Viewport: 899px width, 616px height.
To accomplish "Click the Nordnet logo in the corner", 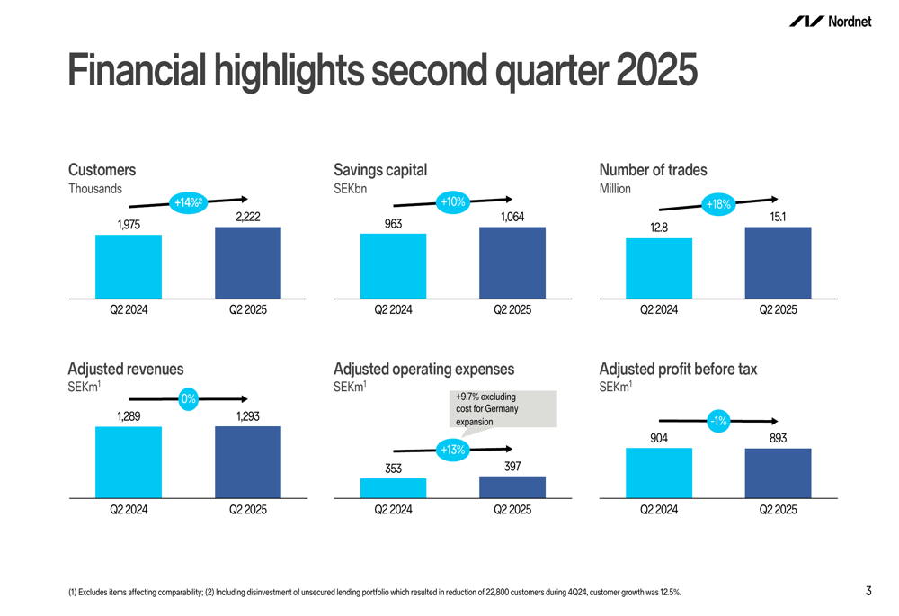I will point(830,22).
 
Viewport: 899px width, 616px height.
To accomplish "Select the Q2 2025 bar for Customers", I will point(248,263).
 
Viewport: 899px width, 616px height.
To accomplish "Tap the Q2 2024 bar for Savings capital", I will point(393,265).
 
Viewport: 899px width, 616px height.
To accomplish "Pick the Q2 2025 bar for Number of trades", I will point(778,263).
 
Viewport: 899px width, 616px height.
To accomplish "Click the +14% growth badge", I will point(187,203).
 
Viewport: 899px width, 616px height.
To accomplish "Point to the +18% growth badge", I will point(719,205).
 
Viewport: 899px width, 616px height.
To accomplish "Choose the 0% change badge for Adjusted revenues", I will point(188,398).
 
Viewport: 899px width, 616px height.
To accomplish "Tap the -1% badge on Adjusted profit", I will point(717,420).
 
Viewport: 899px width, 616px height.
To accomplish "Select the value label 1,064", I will point(512,218).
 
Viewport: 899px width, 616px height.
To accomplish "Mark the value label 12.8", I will point(659,228).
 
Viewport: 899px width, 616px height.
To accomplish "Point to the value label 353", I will point(393,468).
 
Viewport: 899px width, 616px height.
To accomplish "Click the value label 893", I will point(778,438).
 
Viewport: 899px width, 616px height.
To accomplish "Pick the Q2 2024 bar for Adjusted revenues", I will point(129,461).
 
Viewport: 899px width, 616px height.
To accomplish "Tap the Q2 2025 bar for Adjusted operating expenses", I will point(512,487).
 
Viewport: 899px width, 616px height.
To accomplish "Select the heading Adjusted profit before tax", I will point(678,369).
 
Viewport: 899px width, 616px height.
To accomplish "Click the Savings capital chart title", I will point(380,170).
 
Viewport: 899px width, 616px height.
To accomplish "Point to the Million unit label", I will point(615,189).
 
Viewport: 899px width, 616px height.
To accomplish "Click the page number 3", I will point(868,591).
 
